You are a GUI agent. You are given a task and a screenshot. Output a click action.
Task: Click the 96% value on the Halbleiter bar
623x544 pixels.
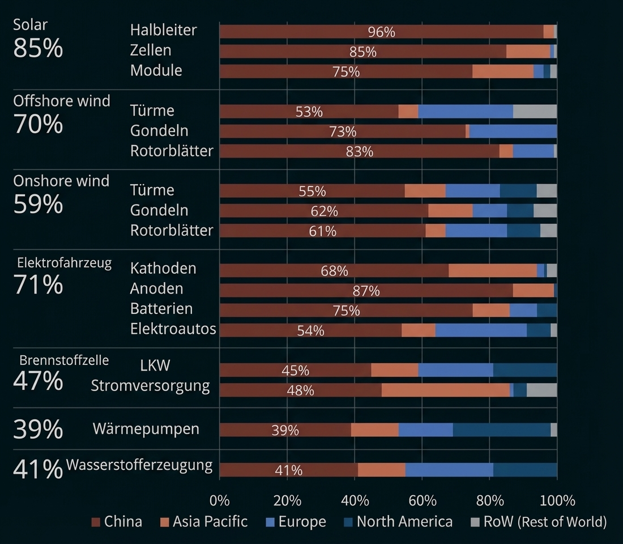click(381, 32)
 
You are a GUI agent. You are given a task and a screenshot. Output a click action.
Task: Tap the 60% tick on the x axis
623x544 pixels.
click(423, 500)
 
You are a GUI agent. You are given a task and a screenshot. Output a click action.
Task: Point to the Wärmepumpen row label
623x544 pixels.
click(146, 429)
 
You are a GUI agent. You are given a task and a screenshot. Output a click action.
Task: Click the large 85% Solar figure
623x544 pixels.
click(38, 49)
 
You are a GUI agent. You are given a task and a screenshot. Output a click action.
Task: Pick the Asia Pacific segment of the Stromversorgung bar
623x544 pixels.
click(445, 390)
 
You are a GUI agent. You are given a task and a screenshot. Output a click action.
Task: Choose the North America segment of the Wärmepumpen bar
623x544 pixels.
click(501, 430)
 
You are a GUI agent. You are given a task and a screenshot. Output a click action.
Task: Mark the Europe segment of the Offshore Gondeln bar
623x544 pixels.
click(513, 131)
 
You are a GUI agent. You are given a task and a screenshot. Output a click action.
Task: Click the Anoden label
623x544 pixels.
click(156, 288)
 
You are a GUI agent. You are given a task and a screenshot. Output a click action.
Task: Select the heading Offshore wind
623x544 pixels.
click(62, 101)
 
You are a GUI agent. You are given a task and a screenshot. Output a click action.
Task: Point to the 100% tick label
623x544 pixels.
click(557, 500)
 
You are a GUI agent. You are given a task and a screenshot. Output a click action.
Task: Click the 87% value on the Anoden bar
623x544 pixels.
click(366, 291)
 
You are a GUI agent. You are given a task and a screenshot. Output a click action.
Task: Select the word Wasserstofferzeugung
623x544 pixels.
click(139, 465)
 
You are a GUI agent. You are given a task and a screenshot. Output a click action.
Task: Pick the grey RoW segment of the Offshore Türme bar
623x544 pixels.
click(535, 111)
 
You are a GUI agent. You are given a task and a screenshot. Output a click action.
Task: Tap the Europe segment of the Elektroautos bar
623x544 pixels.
click(481, 330)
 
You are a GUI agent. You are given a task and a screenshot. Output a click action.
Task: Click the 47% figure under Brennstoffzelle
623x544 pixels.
click(38, 381)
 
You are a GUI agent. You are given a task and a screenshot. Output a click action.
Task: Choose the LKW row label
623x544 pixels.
click(155, 365)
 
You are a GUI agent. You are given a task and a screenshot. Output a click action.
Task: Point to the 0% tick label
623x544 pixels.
click(220, 500)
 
